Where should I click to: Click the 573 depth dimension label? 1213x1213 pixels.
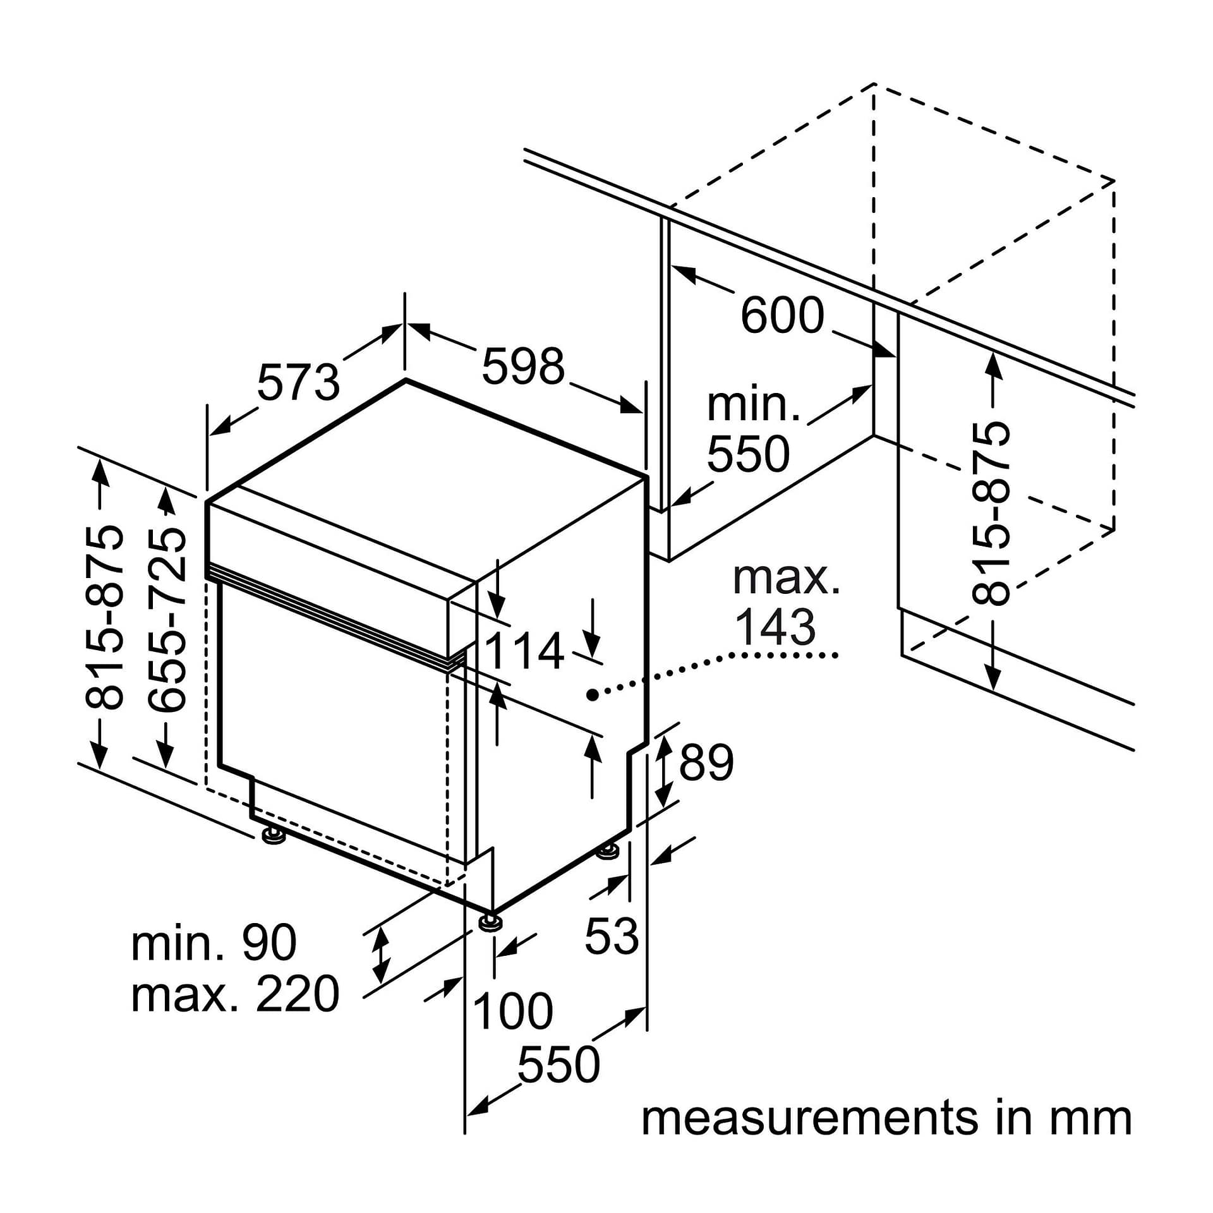(298, 383)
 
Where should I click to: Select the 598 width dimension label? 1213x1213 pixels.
(522, 366)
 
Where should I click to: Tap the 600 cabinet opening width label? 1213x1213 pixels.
(782, 315)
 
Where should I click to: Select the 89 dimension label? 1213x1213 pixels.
(706, 763)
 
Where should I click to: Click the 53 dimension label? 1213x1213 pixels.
(612, 936)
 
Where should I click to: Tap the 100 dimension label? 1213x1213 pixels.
(512, 1011)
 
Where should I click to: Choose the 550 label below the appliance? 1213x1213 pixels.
(558, 1065)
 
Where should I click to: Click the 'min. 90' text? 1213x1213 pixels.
(214, 943)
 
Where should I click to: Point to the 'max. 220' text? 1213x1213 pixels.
(235, 994)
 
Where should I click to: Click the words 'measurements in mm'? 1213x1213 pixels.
(886, 1119)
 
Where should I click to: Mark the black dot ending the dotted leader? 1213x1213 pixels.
(592, 695)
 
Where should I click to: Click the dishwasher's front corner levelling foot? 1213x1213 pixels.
(490, 923)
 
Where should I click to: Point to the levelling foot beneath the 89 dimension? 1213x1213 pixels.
(608, 852)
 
